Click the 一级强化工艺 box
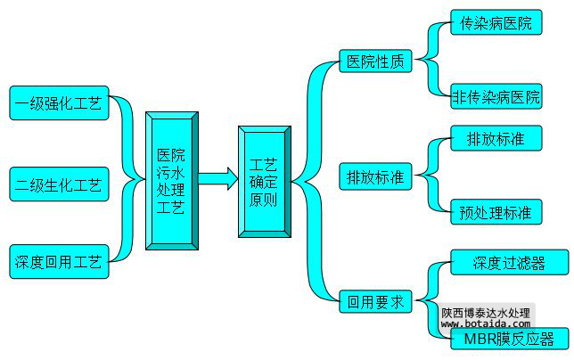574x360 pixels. pos(58,103)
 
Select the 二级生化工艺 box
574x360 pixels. pos(58,185)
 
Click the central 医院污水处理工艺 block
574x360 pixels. pos(171,180)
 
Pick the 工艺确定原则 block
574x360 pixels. pos(263,181)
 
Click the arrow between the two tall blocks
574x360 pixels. pos(217,179)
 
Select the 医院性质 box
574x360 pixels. pos(375,62)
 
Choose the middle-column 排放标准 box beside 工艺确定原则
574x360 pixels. pos(375,176)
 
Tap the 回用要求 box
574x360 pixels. pos(375,301)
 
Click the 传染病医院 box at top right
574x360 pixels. pos(496,23)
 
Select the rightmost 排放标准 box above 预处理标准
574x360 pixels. pos(496,139)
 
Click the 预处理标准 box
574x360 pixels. pos(496,212)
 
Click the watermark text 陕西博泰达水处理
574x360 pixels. pos(486,313)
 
